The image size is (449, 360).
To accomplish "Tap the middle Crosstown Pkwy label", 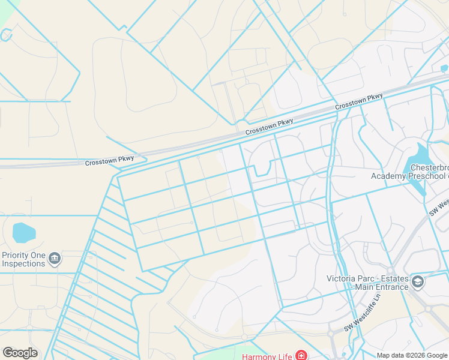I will click(x=269, y=125).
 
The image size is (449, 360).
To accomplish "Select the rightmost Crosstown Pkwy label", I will click(x=358, y=101).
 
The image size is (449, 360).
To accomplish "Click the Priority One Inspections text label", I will click(x=24, y=259).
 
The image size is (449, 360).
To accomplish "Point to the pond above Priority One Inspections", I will click(x=23, y=232).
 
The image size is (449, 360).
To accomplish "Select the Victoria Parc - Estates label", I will click(x=367, y=282).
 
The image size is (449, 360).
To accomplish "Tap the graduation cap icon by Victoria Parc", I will click(x=417, y=281).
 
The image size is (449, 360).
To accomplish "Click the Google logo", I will click(x=20, y=353).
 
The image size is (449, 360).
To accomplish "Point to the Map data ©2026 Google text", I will click(x=411, y=355).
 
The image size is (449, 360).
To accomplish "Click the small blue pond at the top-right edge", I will click(x=444, y=68).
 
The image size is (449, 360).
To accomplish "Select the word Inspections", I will click(x=24, y=263).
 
